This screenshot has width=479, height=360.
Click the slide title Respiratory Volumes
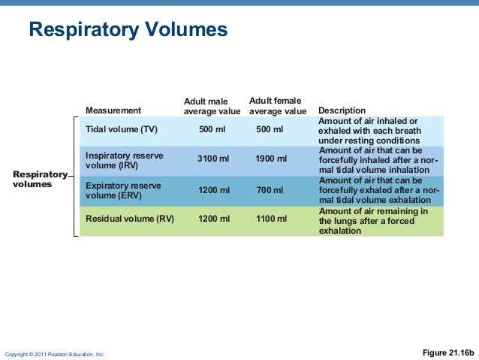[128, 30]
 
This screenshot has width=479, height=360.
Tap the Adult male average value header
[212, 106]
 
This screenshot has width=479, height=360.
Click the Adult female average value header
[277, 106]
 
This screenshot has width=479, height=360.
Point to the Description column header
[342, 110]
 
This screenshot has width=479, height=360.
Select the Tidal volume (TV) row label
[122, 129]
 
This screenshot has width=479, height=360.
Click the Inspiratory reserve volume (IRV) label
[124, 160]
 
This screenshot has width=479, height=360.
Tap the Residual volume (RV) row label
[130, 219]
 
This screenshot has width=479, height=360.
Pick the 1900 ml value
[270, 159]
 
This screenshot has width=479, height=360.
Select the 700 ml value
[270, 190]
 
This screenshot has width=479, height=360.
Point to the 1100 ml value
[270, 219]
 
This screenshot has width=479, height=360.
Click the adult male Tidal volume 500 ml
[212, 129]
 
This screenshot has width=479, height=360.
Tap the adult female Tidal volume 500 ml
[270, 129]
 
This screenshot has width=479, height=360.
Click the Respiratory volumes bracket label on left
[40, 179]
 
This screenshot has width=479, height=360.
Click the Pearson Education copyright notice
[56, 353]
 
